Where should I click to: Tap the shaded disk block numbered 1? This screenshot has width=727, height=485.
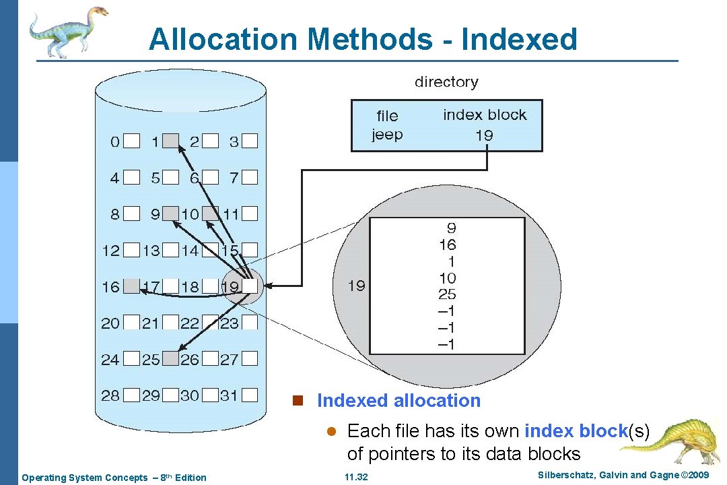tap(172, 141)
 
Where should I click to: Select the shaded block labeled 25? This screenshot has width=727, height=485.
tap(172, 359)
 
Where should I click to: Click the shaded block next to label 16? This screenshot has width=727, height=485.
tap(132, 286)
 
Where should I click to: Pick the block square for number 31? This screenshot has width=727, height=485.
tap(250, 395)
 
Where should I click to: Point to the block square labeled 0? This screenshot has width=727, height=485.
tap(132, 141)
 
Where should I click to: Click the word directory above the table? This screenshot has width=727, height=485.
tap(446, 82)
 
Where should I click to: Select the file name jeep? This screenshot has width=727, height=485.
tap(387, 134)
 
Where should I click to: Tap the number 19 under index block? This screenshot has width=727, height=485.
tap(484, 135)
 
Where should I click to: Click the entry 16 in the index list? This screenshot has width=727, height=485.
tap(447, 245)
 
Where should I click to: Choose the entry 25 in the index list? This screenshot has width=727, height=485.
tap(447, 294)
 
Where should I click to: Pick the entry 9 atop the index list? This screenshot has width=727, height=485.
tap(451, 228)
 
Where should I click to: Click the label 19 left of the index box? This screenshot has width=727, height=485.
tap(357, 286)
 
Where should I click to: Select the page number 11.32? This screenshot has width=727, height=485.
tap(356, 478)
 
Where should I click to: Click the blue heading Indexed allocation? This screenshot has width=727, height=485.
tap(399, 401)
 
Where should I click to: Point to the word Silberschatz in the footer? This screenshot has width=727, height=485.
tap(567, 476)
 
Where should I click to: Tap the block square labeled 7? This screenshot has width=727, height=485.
tap(250, 178)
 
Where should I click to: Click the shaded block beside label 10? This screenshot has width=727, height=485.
tap(211, 214)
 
